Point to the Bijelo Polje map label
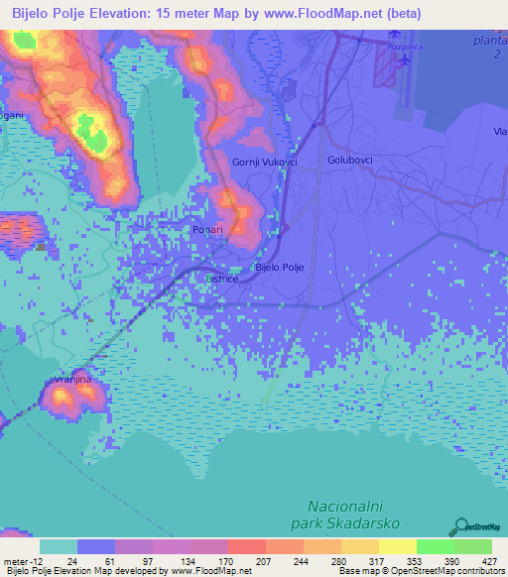coord(279,268)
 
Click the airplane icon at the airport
coord(406,59)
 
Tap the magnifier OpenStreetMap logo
coord(462,526)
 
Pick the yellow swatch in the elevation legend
coord(397,546)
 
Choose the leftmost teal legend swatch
coord(59,546)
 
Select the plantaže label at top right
coord(489,42)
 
